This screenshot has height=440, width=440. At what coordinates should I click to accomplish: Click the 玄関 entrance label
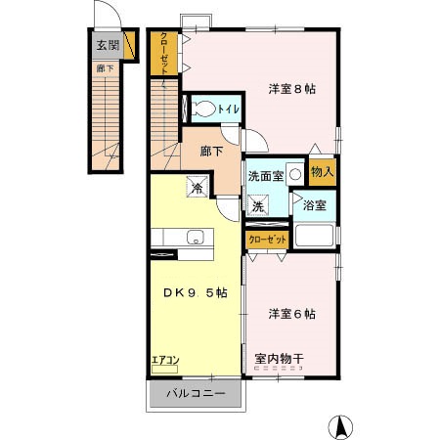pyautogui.click(x=107, y=44)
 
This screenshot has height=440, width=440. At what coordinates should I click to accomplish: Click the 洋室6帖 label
pyautogui.click(x=290, y=314)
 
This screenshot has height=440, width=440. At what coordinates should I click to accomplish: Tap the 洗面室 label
pyautogui.click(x=265, y=177)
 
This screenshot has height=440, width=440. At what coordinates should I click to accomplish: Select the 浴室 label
pyautogui.click(x=315, y=206)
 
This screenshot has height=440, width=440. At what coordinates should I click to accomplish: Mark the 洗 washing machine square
pyautogui.click(x=258, y=206)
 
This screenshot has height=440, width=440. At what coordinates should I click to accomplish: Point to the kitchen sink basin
pyautogui.click(x=194, y=236)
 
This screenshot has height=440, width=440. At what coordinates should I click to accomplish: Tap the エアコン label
pyautogui.click(x=164, y=361)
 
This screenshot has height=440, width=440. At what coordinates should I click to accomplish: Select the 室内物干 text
pyautogui.click(x=279, y=359)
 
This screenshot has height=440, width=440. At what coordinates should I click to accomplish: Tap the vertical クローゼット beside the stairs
pyautogui.click(x=164, y=54)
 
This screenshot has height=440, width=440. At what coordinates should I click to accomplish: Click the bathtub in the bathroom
pyautogui.click(x=314, y=238)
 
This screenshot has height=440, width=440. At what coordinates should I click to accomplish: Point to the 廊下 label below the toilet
pyautogui.click(x=211, y=151)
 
